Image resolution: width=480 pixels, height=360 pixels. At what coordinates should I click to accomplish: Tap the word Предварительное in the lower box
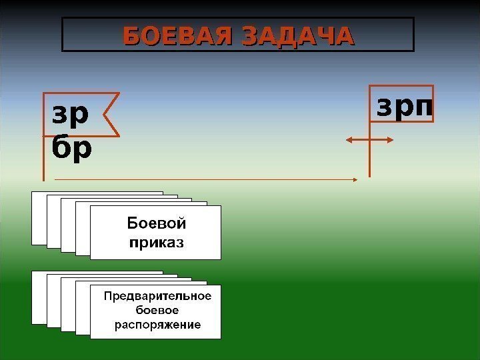pyautogui.click(x=157, y=296)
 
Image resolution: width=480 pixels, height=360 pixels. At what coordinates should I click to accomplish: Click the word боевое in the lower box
pyautogui.click(x=157, y=311)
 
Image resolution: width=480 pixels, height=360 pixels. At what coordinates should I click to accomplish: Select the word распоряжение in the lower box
pyautogui.click(x=157, y=325)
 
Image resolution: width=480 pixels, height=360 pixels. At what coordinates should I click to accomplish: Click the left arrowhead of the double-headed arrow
pyautogui.click(x=349, y=140)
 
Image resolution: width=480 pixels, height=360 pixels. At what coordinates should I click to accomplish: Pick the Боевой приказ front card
pyautogui.click(x=155, y=247)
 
